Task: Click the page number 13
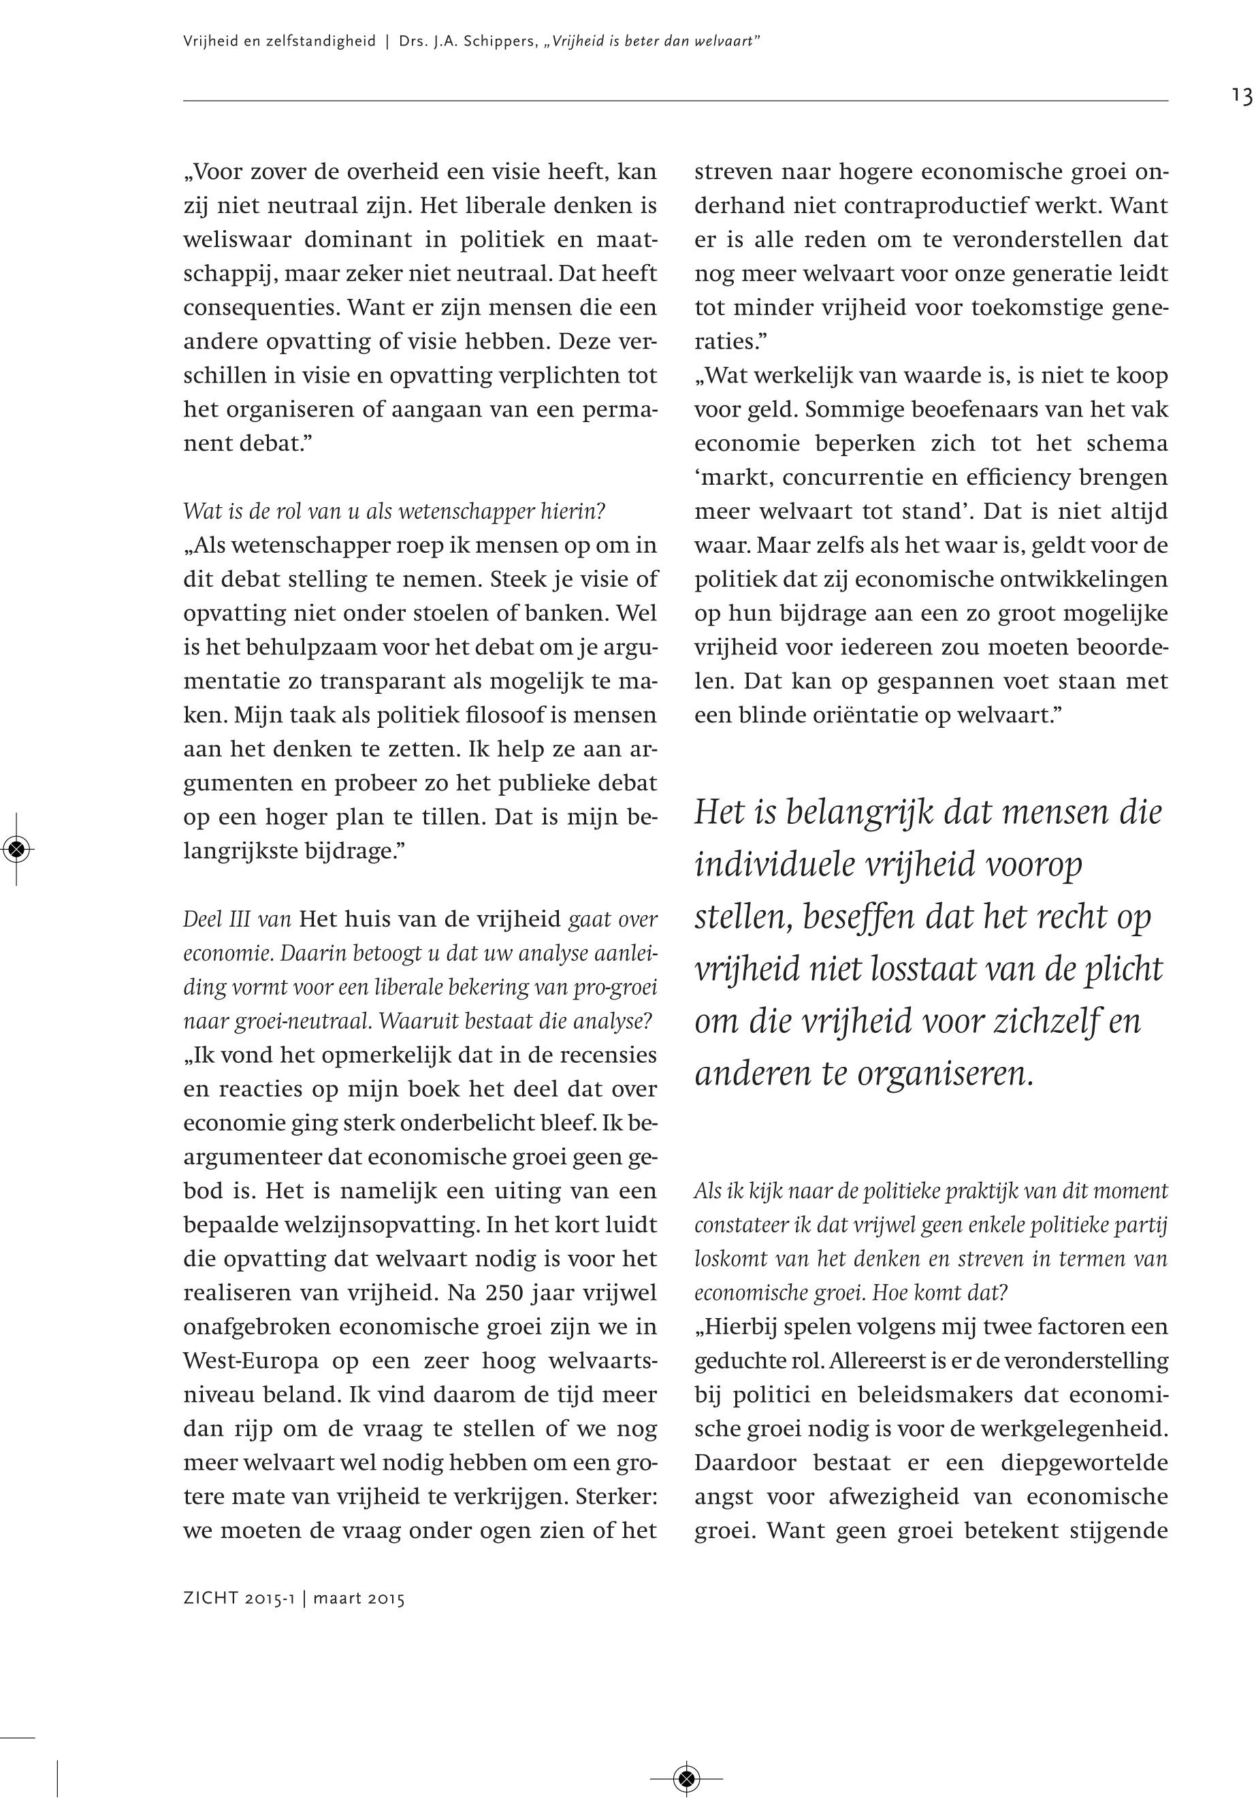point(1242,96)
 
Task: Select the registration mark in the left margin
point(17,848)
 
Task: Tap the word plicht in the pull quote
point(1118,968)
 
